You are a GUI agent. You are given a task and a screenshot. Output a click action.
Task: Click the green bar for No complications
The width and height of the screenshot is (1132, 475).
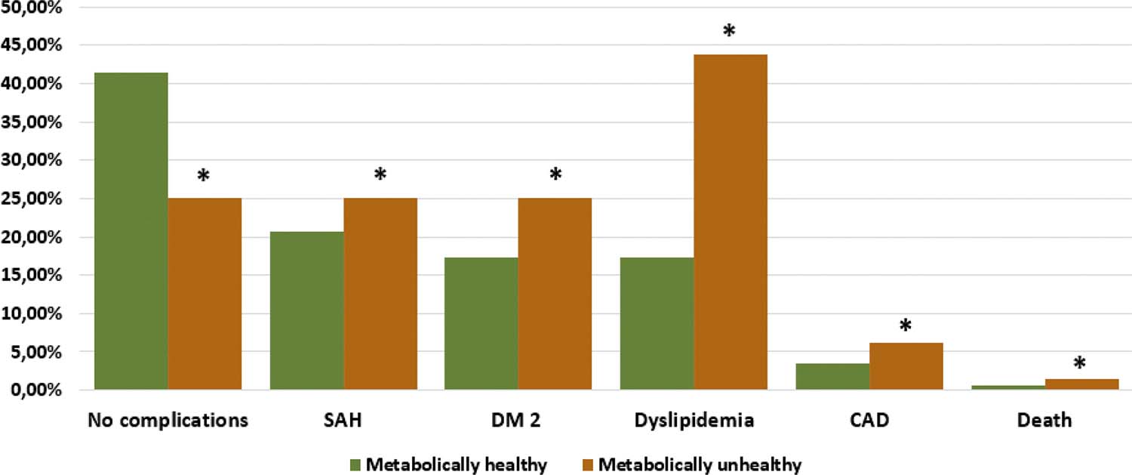(131, 231)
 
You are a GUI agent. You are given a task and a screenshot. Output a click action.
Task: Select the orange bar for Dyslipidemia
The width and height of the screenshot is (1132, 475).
(731, 222)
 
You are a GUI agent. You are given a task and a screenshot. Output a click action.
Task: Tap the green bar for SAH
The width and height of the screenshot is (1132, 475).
(306, 310)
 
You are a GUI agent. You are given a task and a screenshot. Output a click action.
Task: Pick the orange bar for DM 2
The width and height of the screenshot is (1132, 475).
(555, 294)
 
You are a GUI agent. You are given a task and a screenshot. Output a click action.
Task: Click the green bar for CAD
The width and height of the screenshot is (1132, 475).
(832, 377)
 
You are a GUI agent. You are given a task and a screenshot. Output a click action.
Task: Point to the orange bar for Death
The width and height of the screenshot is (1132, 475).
(1081, 384)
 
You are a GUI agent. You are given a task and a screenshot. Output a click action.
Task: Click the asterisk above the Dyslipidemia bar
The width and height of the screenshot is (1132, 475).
(729, 32)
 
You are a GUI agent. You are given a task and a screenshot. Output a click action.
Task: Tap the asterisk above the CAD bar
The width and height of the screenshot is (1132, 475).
(906, 326)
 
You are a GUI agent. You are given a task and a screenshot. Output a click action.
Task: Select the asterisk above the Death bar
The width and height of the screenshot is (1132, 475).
(1079, 364)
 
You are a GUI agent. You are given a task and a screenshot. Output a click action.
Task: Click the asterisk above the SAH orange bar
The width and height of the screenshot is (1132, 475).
(380, 175)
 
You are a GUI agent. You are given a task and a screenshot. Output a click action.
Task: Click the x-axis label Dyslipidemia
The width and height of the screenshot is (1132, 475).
(694, 421)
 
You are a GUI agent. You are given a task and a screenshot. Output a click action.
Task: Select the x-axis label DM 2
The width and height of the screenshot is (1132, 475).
(518, 421)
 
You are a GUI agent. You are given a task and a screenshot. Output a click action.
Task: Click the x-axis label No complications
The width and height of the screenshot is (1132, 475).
(168, 421)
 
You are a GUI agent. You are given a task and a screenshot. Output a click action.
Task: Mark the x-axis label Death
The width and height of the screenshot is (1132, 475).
(1044, 421)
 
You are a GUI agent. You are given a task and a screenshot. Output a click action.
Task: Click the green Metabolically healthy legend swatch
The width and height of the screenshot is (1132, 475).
(355, 464)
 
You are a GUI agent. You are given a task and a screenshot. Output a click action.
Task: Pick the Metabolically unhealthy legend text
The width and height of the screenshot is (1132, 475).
(700, 464)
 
